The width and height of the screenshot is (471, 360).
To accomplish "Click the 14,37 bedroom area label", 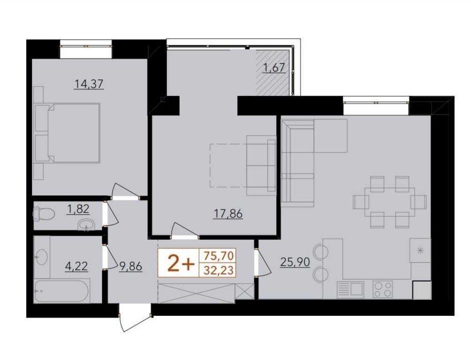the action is click(x=89, y=84).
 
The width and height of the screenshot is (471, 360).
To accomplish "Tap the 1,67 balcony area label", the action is click(x=274, y=67).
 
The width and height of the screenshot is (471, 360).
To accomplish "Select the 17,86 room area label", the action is click(x=228, y=214).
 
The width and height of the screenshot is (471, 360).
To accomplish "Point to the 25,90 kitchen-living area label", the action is click(x=294, y=262).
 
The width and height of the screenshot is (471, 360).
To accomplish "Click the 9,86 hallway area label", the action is click(x=130, y=266).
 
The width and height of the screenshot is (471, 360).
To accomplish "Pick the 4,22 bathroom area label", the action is click(x=77, y=266).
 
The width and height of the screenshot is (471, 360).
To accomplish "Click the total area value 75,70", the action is click(x=218, y=256).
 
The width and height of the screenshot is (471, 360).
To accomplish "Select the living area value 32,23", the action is click(x=218, y=271).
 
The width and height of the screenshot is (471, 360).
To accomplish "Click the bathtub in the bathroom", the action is click(x=62, y=291).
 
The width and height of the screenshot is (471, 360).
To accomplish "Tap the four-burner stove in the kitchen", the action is click(x=382, y=289).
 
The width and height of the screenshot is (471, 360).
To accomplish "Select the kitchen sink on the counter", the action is click(x=350, y=290).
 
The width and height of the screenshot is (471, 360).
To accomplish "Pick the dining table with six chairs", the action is click(x=390, y=202).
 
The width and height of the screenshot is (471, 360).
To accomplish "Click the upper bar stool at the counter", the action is click(x=321, y=251).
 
